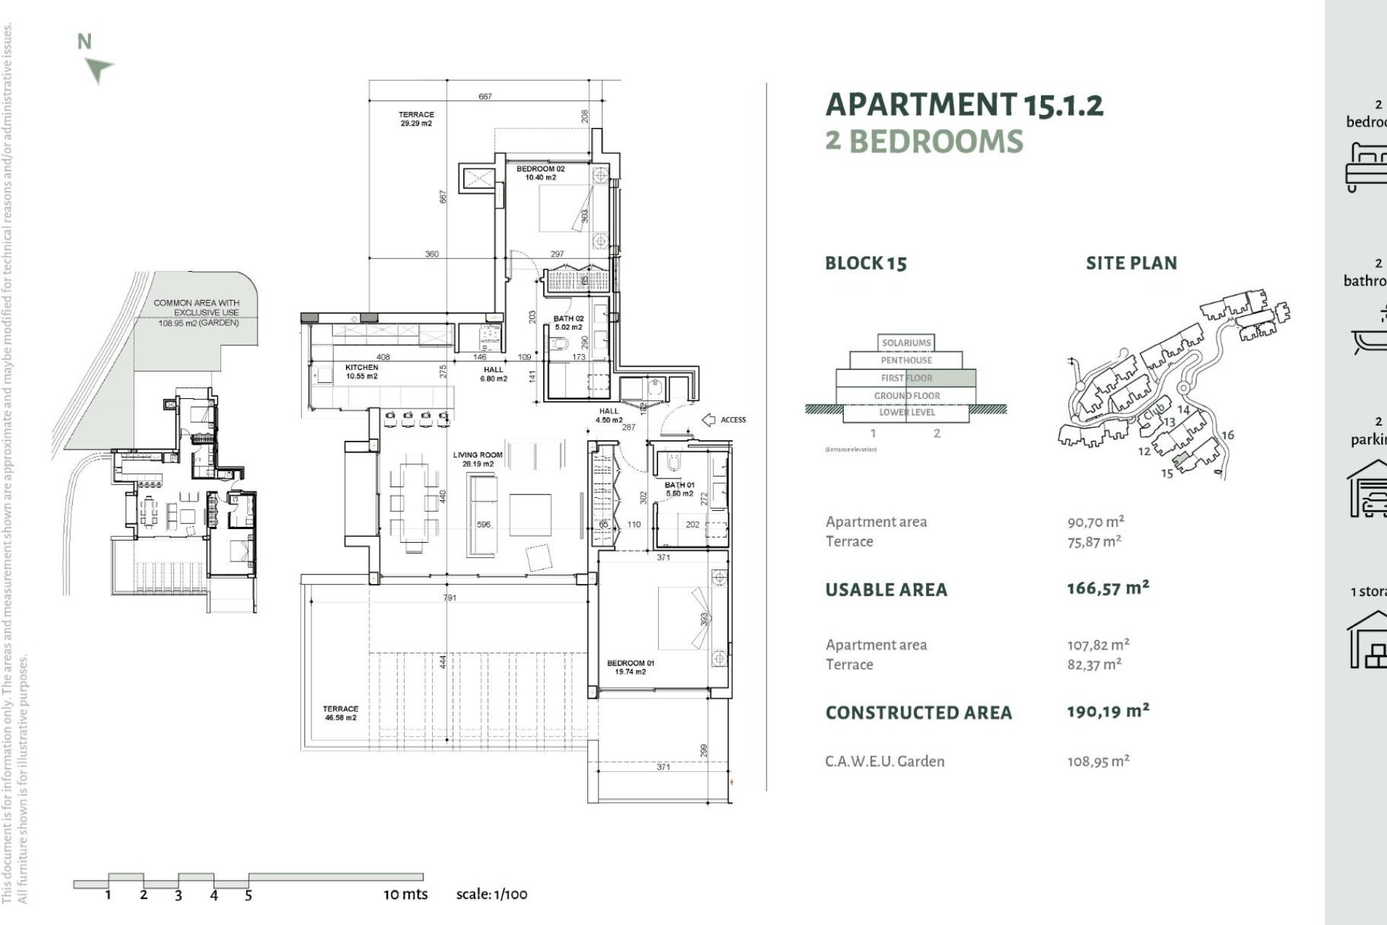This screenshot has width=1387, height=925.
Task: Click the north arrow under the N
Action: [x=99, y=70]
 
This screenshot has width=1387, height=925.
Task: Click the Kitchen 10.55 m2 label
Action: [x=362, y=371]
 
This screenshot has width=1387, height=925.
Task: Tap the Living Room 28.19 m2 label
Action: [x=478, y=460]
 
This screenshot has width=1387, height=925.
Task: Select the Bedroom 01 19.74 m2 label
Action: [x=630, y=667]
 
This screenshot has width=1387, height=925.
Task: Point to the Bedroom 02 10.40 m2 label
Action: [x=540, y=173]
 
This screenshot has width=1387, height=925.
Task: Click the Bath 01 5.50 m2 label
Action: [x=679, y=489]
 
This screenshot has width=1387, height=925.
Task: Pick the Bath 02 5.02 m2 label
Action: [x=569, y=322]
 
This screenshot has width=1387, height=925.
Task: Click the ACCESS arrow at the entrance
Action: [x=709, y=420]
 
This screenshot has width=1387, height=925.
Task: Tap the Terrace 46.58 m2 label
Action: [x=340, y=713]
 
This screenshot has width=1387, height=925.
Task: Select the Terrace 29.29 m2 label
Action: [x=416, y=119]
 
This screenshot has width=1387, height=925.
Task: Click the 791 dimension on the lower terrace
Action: [x=449, y=598]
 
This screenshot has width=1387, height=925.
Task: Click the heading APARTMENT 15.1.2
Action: [x=964, y=105]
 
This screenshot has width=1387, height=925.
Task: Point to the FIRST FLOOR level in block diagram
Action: [x=906, y=378]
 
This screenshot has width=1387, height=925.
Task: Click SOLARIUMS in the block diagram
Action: [x=906, y=343]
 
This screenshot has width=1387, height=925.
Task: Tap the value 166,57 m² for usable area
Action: [x=1107, y=588]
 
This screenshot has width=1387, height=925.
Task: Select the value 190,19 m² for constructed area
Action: [x=1107, y=712]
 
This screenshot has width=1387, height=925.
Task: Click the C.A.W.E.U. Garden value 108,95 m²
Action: [x=1098, y=761]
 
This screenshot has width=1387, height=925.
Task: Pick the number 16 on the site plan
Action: [x=1227, y=435]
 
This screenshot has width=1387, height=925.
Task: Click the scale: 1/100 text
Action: [x=491, y=895]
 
